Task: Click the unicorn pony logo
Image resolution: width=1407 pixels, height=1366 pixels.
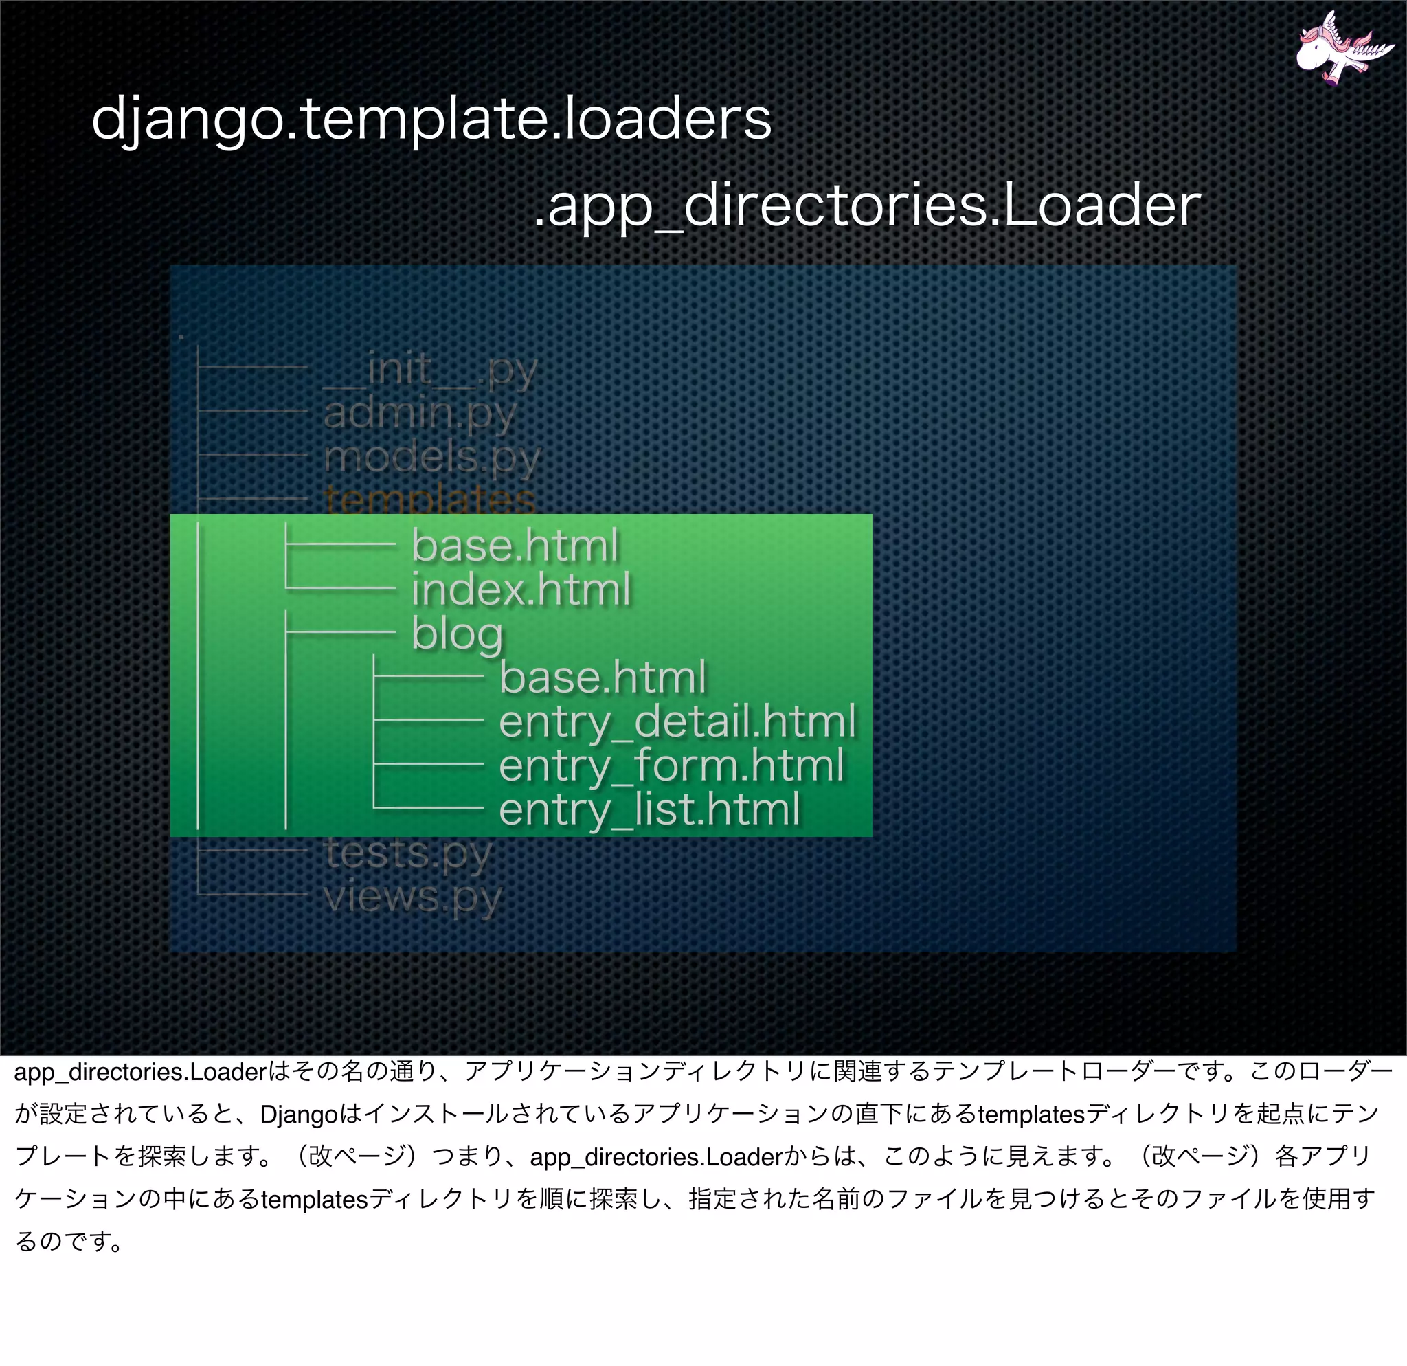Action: tap(1337, 49)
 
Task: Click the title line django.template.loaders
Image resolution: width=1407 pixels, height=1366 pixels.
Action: tap(431, 118)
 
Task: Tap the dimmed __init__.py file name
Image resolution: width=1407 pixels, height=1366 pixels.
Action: tap(430, 370)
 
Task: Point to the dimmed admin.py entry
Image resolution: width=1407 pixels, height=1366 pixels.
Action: tap(419, 413)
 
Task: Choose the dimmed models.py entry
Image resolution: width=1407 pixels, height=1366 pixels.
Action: tap(431, 457)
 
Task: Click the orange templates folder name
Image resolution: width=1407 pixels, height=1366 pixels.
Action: tap(429, 500)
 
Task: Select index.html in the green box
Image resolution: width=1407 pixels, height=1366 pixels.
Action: tap(521, 590)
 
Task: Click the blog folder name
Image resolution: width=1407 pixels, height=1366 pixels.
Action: tap(458, 634)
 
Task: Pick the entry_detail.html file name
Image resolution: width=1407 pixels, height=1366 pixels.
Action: tap(677, 721)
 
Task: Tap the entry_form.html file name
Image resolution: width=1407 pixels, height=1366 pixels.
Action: tap(671, 765)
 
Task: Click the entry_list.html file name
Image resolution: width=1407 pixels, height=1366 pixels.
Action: tap(649, 809)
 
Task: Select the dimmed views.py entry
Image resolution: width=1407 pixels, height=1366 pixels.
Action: tap(412, 897)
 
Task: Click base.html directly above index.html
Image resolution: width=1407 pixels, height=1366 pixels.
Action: tap(515, 546)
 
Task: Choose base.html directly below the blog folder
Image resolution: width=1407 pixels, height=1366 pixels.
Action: tap(603, 678)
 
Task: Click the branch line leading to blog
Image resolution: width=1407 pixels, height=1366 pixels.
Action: tap(341, 631)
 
